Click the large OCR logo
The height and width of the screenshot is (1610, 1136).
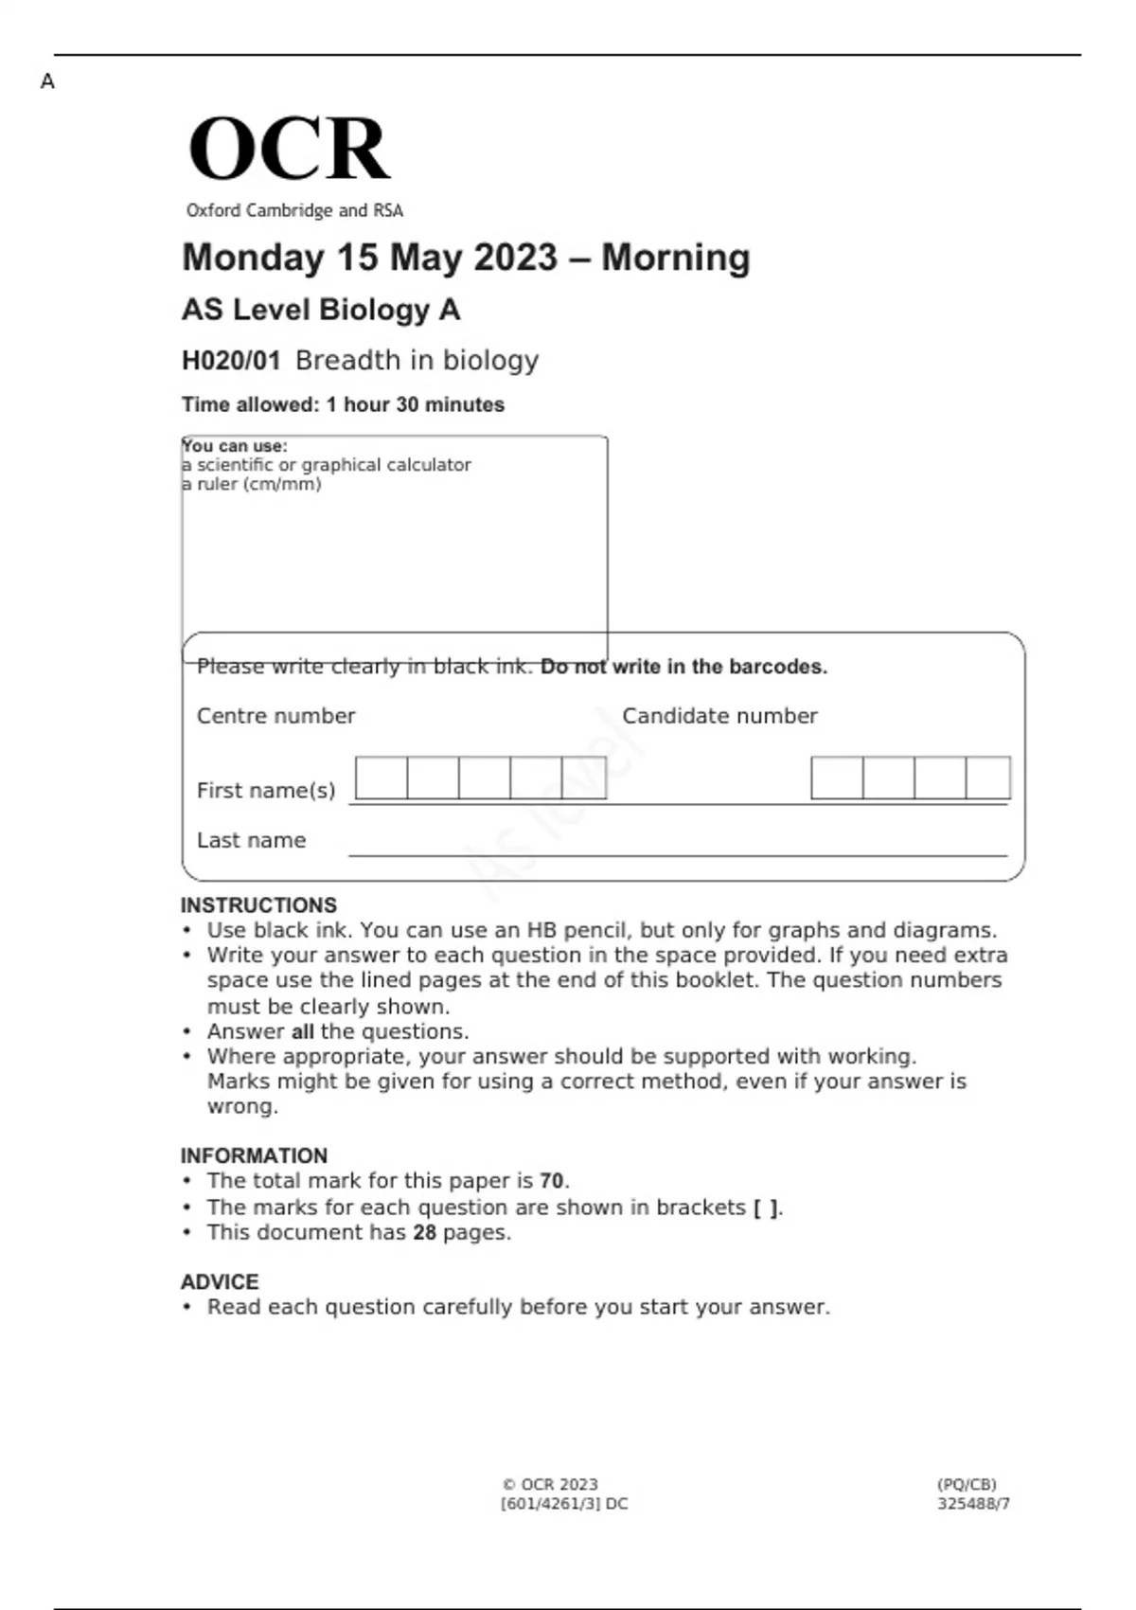pos(289,149)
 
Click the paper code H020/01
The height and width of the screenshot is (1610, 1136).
pos(231,361)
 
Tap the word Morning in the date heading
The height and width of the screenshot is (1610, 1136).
pos(675,258)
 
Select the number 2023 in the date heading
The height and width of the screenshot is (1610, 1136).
pos(515,258)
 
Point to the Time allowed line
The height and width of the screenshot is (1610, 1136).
pos(343,404)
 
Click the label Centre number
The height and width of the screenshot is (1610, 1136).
pos(275,716)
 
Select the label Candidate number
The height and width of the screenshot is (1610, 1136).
pos(719,716)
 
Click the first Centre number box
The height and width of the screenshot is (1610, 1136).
pos(382,778)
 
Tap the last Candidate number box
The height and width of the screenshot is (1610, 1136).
pos(988,778)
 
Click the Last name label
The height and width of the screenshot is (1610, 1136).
pos(251,840)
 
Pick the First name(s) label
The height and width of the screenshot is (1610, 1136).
pos(266,790)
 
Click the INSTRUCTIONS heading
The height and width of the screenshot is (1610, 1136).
pos(258,905)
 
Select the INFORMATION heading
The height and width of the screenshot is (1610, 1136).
pos(254,1155)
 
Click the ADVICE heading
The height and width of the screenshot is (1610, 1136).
pos(220,1281)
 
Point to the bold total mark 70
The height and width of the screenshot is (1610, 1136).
pos(552,1181)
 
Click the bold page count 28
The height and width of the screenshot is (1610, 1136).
pos(424,1232)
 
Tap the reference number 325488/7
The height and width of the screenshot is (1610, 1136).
pos(973,1503)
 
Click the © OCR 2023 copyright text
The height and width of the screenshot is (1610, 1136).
pos(550,1484)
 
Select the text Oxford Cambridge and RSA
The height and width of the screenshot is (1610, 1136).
pos(294,210)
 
